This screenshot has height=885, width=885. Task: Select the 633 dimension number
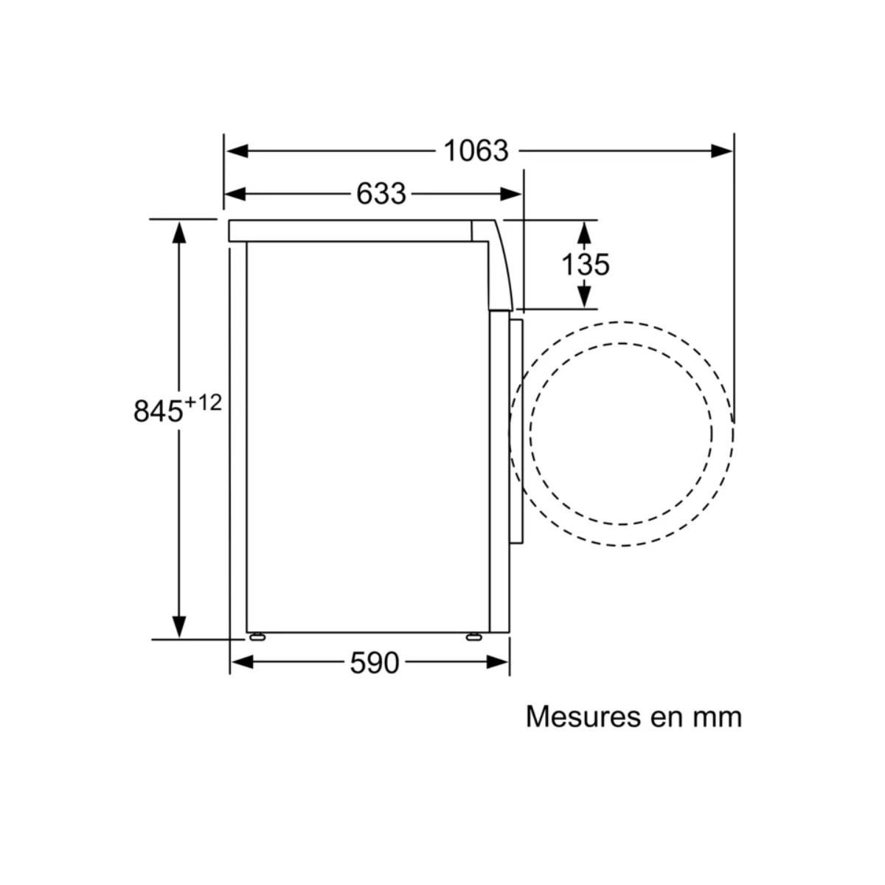click(x=381, y=194)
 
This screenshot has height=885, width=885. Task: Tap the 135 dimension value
click(x=585, y=265)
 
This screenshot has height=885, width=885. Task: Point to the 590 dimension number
click(x=375, y=663)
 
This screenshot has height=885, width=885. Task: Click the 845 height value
click(x=158, y=411)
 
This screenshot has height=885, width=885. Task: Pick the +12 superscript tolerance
click(x=203, y=403)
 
